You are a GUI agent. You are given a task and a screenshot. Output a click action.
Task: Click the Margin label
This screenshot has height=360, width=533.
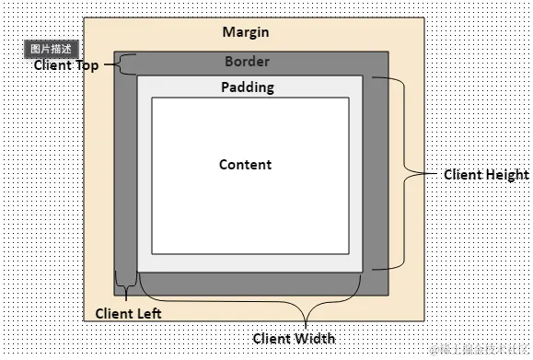[x=246, y=32]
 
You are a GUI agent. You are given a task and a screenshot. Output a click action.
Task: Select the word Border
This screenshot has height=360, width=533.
[x=247, y=63]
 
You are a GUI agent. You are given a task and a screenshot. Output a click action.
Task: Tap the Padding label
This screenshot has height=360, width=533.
[x=248, y=87]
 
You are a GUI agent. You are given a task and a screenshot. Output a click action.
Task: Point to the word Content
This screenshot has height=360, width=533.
[x=245, y=165]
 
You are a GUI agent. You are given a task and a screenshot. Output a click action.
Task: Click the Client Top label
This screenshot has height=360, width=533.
[x=65, y=65]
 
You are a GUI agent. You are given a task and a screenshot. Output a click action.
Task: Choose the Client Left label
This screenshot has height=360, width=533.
[x=129, y=313]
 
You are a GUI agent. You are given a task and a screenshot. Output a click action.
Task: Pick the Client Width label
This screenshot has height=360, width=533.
[x=294, y=338]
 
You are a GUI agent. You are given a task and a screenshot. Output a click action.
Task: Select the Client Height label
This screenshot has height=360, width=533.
[x=486, y=174]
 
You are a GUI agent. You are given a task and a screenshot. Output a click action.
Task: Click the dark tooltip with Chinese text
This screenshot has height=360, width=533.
[x=51, y=49]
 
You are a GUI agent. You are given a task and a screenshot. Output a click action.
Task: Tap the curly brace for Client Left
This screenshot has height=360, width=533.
[x=125, y=283]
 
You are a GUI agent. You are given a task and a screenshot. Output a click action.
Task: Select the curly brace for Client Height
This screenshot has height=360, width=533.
[x=405, y=173]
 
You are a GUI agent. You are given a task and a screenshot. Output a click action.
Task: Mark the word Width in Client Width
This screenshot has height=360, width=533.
[x=316, y=338]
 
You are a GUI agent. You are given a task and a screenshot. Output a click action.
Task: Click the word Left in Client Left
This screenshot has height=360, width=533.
[x=149, y=313]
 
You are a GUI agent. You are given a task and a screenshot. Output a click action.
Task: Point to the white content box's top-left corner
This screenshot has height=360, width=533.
[x=152, y=98]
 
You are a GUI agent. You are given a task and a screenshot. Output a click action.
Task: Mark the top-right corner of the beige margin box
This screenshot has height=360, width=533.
[x=424, y=17]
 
